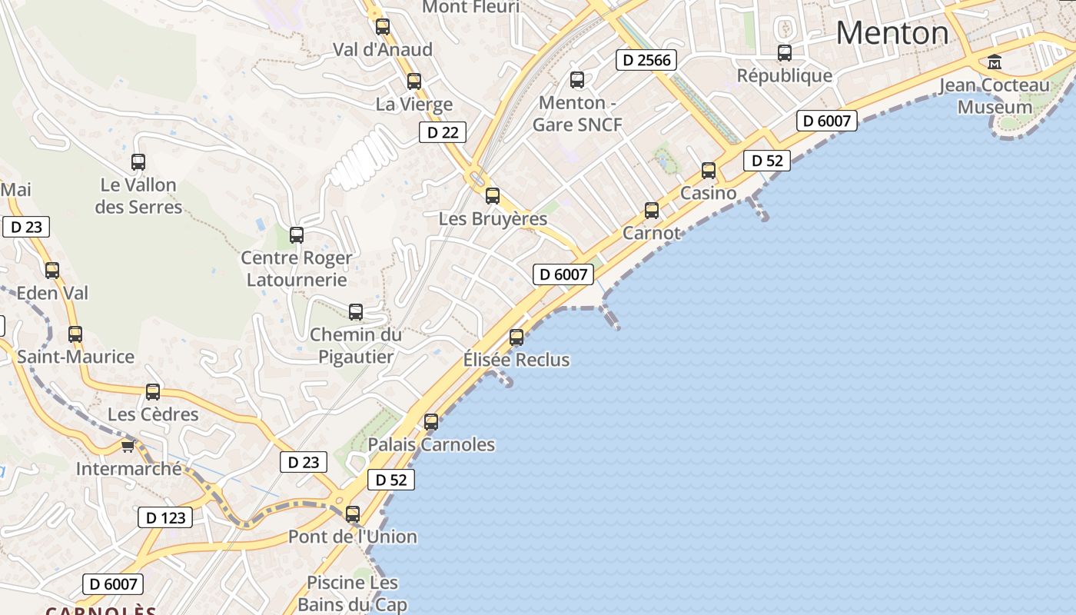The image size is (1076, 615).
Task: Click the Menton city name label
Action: [x=892, y=33]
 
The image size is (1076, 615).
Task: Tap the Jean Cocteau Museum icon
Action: [x=995, y=61]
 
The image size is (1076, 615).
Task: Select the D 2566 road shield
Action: [x=646, y=60]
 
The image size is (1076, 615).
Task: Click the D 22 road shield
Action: [x=443, y=132]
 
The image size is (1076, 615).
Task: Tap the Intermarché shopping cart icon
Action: [x=128, y=446]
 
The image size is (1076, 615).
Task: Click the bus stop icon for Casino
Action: [x=709, y=171]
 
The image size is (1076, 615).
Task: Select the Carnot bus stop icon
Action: [x=652, y=210]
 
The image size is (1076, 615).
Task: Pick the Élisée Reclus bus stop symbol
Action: [x=516, y=337]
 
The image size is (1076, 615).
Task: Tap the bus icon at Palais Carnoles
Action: [x=431, y=421]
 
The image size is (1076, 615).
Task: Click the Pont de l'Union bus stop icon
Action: [x=353, y=514]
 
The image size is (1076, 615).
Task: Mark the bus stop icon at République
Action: [x=784, y=53]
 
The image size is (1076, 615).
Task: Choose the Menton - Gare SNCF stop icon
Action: [x=577, y=79]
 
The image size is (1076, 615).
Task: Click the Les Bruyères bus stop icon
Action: [x=493, y=196]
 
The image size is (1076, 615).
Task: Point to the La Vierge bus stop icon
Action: [x=414, y=81]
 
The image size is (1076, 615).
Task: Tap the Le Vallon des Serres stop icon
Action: [x=138, y=162]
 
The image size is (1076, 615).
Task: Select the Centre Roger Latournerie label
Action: [x=297, y=268]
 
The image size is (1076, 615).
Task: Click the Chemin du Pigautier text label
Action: [x=355, y=345]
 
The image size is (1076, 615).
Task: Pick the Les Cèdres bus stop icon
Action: [x=153, y=392]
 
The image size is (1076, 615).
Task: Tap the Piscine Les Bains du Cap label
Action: [x=352, y=593]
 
